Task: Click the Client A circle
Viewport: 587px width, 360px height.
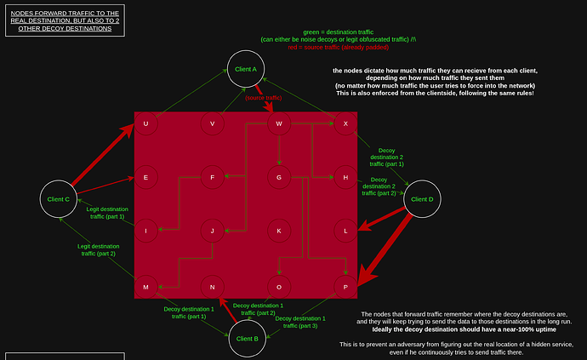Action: tap(245, 69)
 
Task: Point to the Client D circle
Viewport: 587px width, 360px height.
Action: tap(421, 199)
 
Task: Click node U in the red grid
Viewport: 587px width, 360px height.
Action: tap(145, 124)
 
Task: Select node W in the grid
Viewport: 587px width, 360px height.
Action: tap(279, 124)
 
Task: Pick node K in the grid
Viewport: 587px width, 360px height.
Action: tap(279, 231)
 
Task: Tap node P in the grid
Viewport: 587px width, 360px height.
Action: tap(345, 287)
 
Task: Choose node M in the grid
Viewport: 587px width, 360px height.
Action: tap(145, 287)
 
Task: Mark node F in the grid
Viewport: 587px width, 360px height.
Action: tap(212, 177)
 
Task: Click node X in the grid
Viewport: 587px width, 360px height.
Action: tap(345, 124)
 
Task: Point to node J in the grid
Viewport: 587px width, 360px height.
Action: tap(212, 231)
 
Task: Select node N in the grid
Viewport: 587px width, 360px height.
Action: tap(212, 287)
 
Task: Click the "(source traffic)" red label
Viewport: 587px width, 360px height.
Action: tap(264, 98)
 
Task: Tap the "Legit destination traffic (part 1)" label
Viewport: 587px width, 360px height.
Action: tap(107, 213)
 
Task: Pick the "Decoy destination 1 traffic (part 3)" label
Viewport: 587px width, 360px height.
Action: tap(306, 322)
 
